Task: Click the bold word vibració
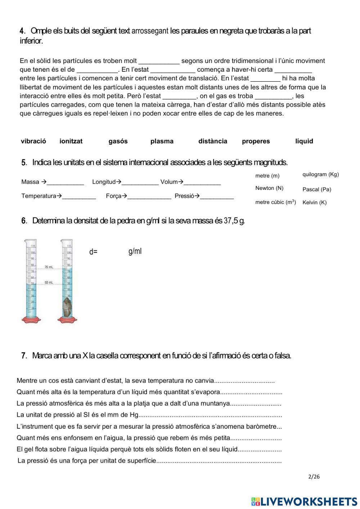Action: [33, 141]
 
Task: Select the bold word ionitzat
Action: [71, 141]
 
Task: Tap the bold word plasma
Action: [162, 141]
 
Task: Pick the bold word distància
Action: [212, 141]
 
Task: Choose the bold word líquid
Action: [304, 141]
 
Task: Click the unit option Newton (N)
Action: [269, 188]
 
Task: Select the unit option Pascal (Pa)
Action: [316, 189]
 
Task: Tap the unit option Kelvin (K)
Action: [314, 202]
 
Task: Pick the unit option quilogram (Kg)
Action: [320, 174]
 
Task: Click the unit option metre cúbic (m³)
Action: [275, 202]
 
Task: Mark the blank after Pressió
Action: [217, 196]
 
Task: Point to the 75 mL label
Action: [49, 267]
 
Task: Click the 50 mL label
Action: [49, 282]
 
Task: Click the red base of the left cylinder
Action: [31, 320]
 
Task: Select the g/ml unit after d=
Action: [135, 251]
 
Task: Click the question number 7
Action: [24, 356]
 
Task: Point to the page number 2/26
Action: [314, 477]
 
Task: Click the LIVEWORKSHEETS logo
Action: [304, 501]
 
